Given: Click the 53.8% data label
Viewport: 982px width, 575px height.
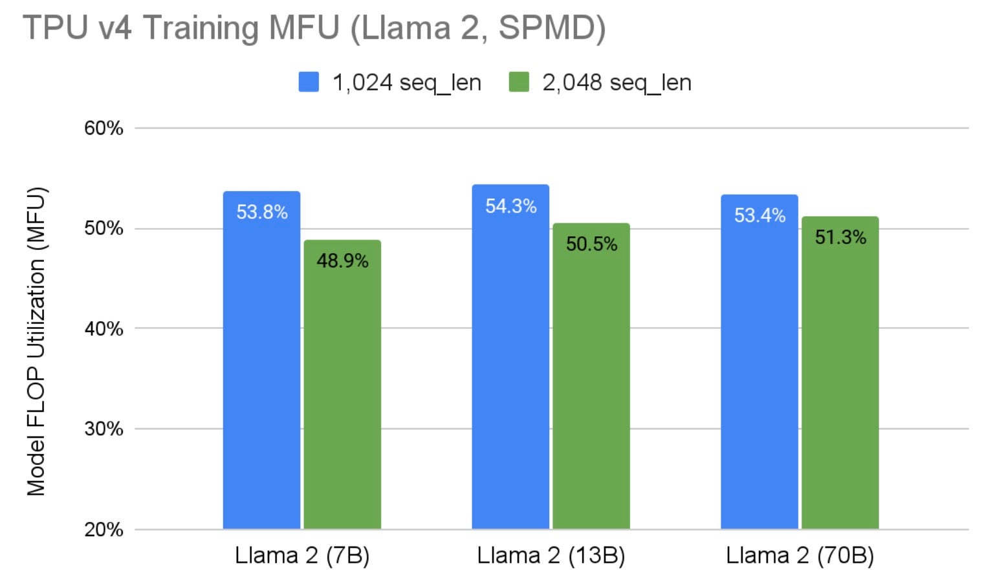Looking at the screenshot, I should tap(261, 212).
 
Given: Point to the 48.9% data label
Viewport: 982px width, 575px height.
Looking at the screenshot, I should tap(342, 261).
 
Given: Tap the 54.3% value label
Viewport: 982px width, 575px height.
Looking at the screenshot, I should tap(510, 207).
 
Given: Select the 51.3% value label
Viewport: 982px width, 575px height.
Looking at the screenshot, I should tap(840, 238).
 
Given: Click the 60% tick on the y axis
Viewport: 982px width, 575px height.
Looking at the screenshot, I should tap(104, 128).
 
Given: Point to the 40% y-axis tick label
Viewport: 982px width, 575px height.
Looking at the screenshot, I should tap(104, 329).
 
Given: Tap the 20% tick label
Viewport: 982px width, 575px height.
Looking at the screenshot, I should tap(104, 530).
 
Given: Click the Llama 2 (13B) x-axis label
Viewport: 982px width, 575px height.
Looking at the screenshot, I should tap(551, 556).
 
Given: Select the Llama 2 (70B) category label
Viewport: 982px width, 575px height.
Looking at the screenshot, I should tap(800, 556).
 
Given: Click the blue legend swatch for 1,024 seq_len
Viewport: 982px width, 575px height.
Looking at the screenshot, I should tap(309, 82).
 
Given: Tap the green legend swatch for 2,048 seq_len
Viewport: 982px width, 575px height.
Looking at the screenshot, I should tap(519, 82).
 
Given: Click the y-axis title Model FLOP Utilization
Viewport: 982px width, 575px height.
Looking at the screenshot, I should tap(36, 341).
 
